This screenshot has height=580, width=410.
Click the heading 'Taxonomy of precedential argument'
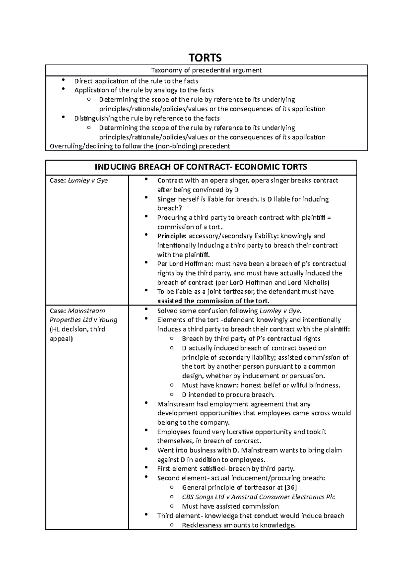tap(206, 70)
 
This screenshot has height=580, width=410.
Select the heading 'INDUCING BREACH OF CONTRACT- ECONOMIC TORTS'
tap(201, 167)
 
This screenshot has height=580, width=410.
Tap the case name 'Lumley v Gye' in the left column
tap(88, 180)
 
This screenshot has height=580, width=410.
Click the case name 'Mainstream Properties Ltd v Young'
tap(83, 316)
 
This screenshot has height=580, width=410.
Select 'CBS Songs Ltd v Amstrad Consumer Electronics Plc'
tap(258, 497)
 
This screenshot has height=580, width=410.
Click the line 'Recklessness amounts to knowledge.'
tap(238, 525)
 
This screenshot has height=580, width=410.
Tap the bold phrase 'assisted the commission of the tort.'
tap(213, 301)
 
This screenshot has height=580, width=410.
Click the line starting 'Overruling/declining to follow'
tap(140, 147)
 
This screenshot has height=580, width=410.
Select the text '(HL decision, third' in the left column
tap(77, 329)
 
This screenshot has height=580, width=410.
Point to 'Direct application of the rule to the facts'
tap(136, 81)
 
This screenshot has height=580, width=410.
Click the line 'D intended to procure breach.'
tap(228, 395)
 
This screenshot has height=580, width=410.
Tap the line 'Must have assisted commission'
tap(230, 506)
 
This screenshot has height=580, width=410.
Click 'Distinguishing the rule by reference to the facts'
tap(147, 119)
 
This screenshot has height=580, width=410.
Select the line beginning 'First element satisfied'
tap(225, 469)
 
